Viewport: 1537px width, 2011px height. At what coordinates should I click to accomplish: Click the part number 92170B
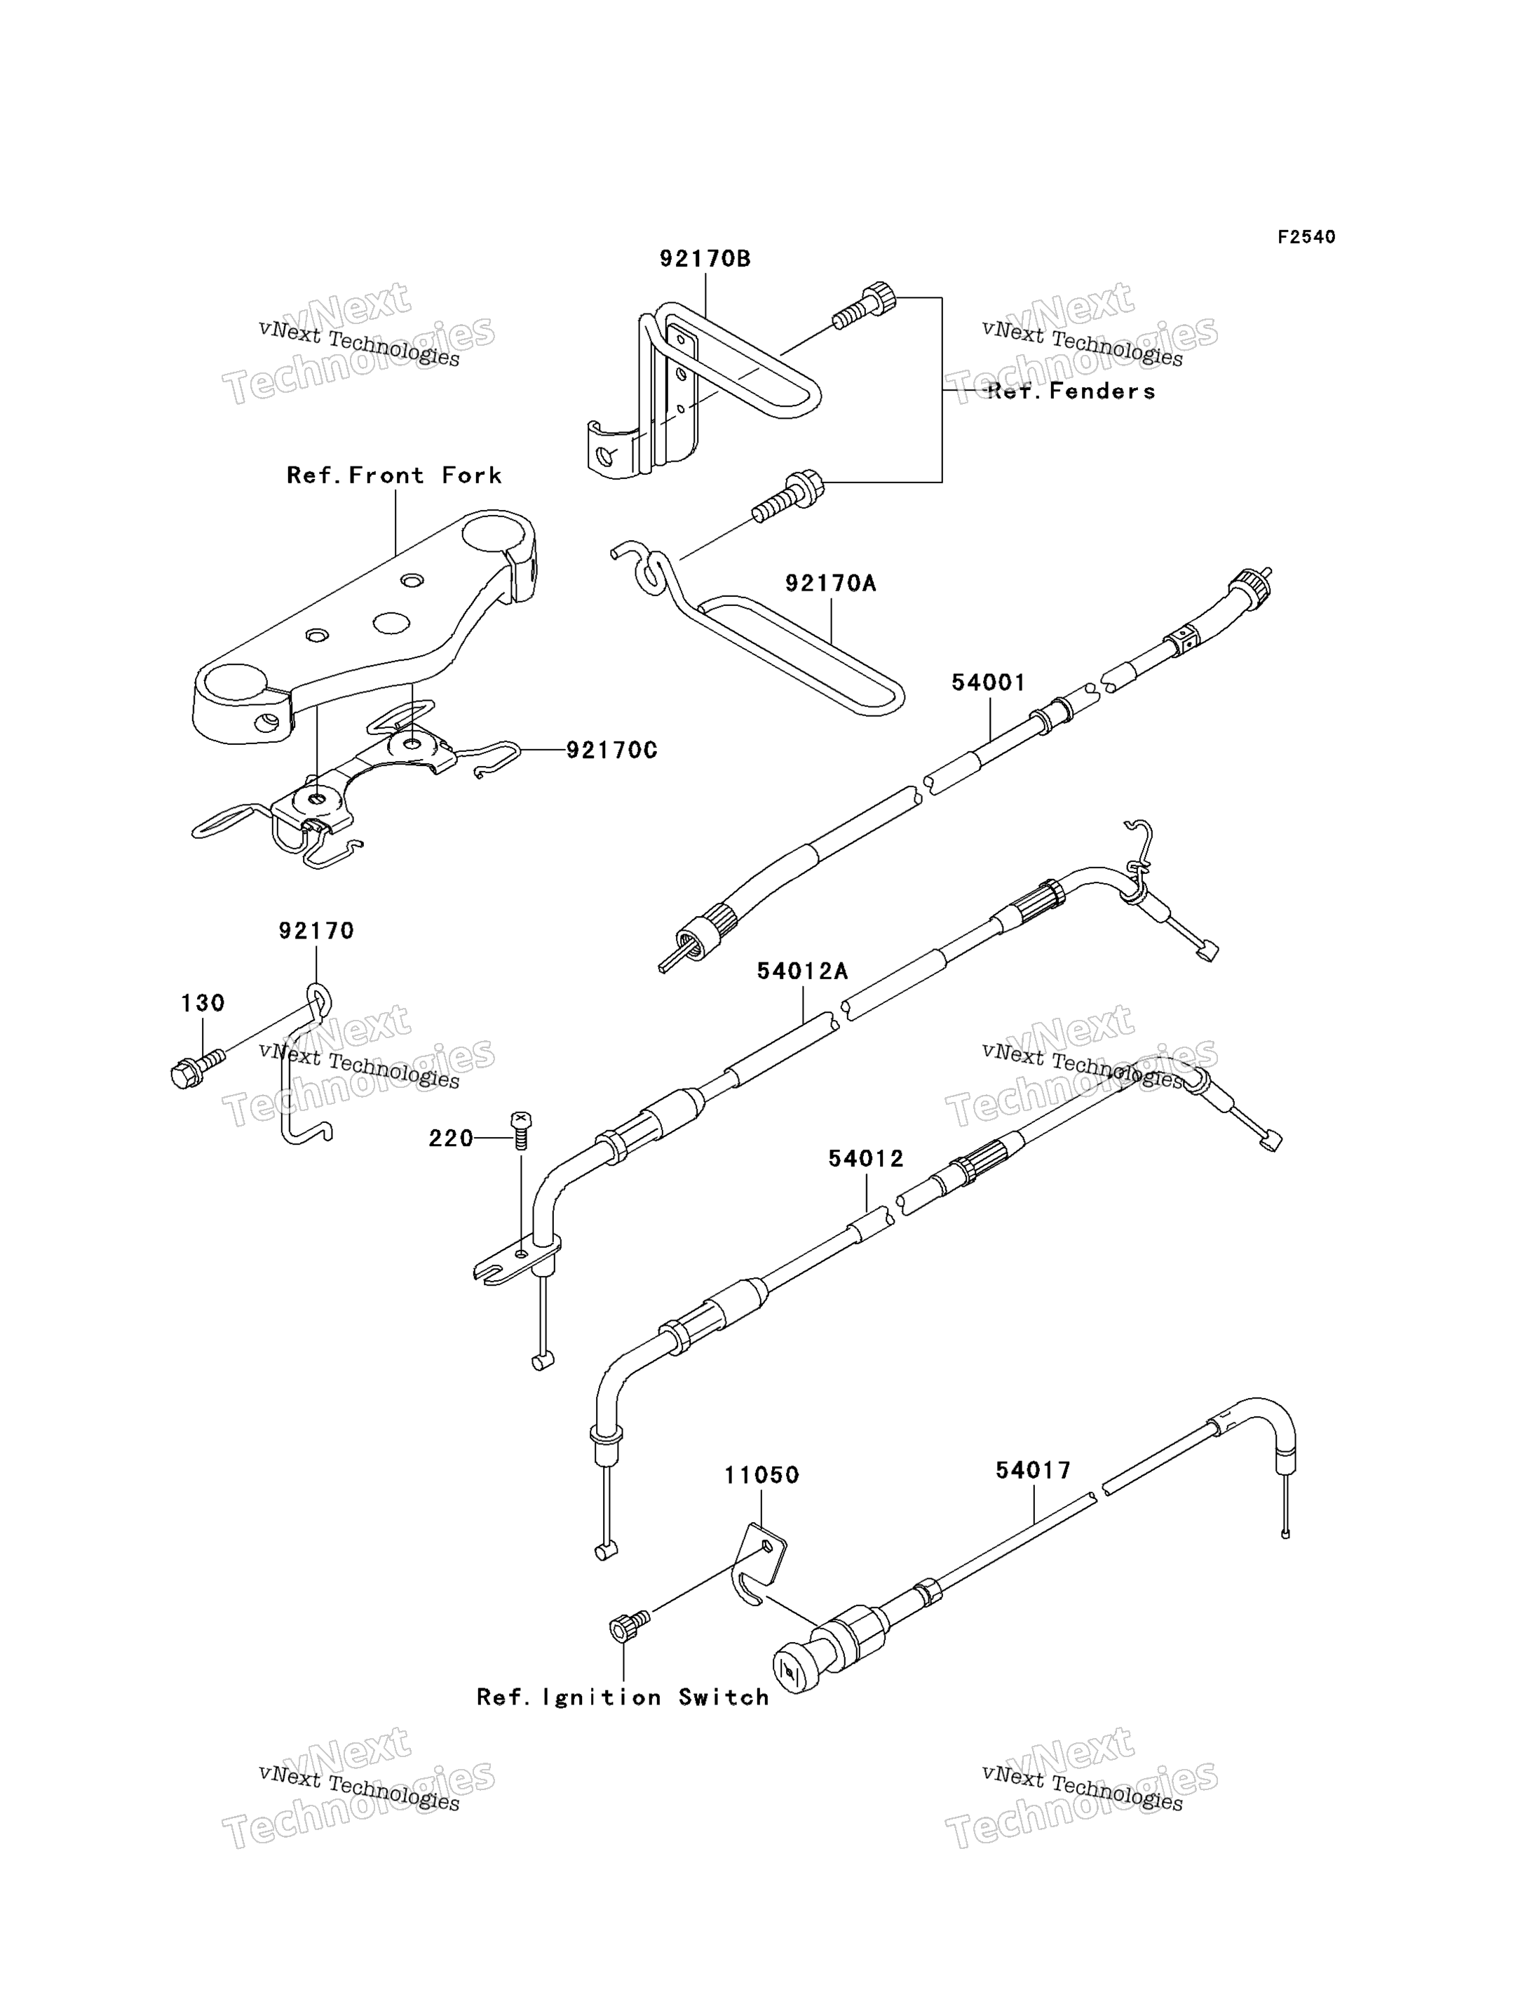click(x=705, y=259)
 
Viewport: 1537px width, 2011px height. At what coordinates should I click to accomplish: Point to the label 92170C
click(x=612, y=750)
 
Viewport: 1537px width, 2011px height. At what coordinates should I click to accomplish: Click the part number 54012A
click(x=802, y=971)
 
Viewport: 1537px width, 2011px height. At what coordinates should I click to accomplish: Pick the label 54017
click(x=1034, y=1470)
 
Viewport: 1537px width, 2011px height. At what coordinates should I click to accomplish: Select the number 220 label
click(x=451, y=1138)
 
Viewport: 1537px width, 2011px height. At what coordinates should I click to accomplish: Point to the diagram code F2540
click(x=1306, y=237)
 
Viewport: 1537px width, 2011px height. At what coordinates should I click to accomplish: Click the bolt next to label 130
click(x=197, y=1068)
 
